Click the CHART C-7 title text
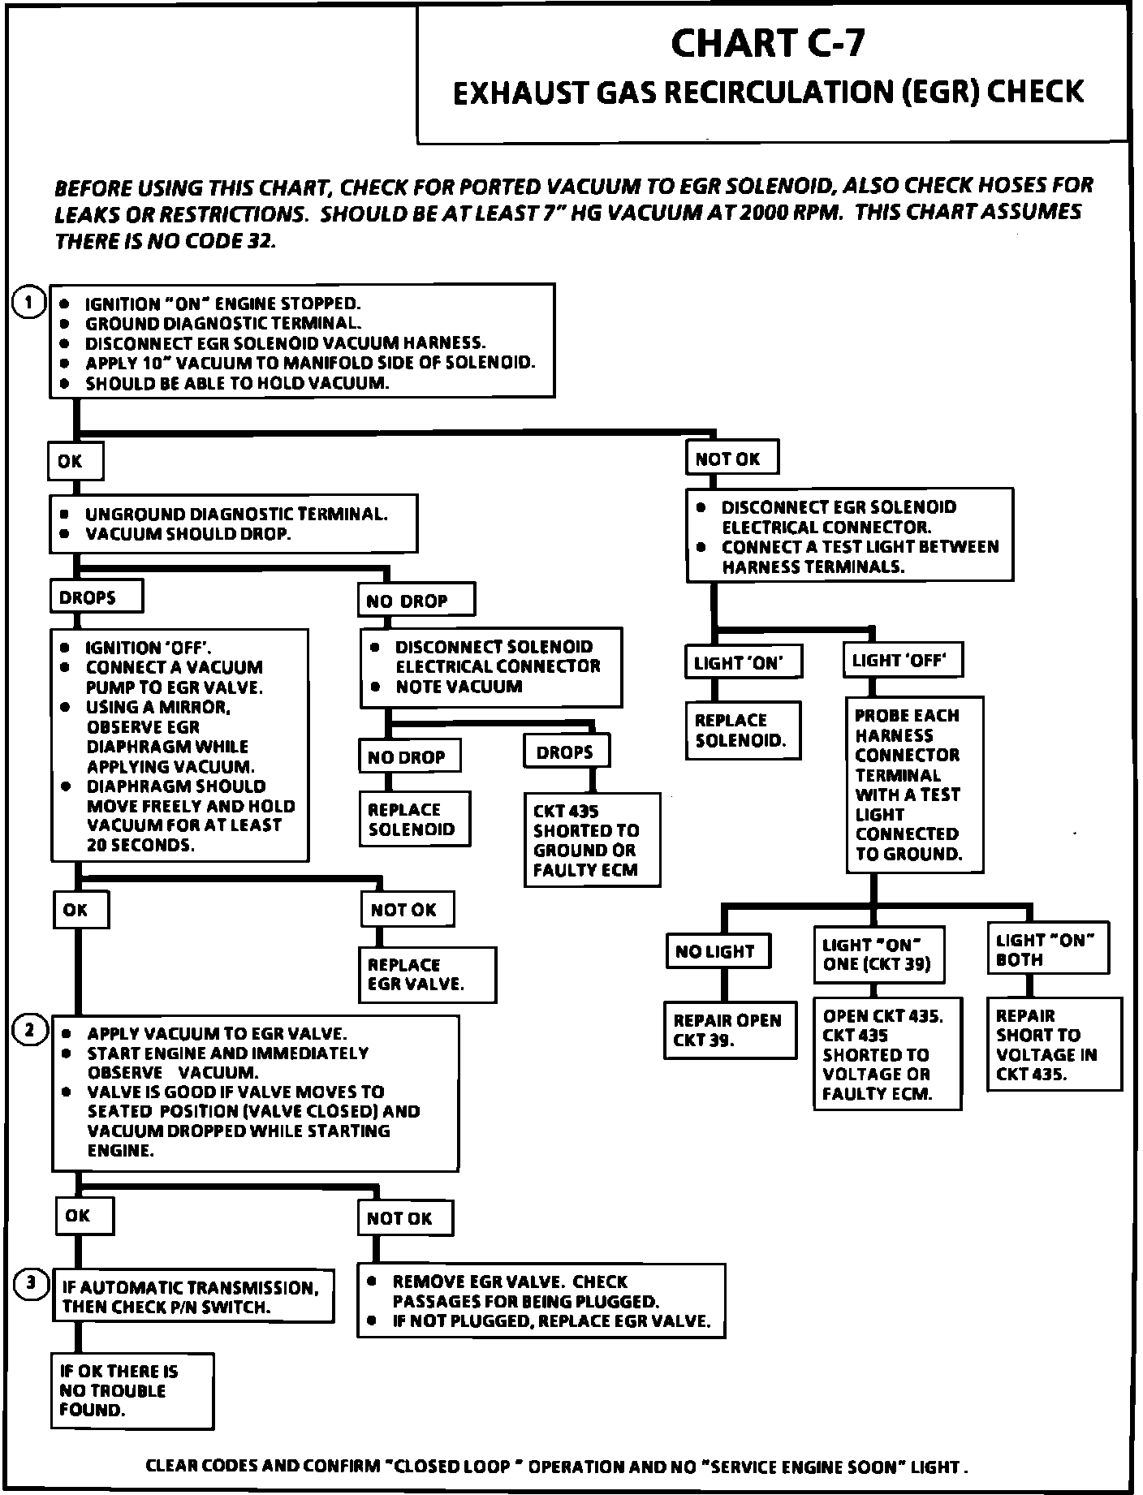pyautogui.click(x=767, y=43)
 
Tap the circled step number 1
pyautogui.click(x=30, y=304)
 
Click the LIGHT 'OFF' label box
pyautogui.click(x=901, y=661)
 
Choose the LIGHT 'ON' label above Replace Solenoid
pyautogui.click(x=743, y=662)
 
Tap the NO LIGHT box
pyautogui.click(x=717, y=951)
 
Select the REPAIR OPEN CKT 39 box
pyautogui.click(x=728, y=1030)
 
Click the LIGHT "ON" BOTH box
pyautogui.click(x=1046, y=949)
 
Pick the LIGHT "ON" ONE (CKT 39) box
pyautogui.click(x=878, y=954)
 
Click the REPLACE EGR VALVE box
pyautogui.click(x=427, y=975)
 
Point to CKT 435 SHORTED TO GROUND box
pyautogui.click(x=591, y=840)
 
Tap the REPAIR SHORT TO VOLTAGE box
pyautogui.click(x=1052, y=1044)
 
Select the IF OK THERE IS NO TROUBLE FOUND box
pyautogui.click(x=132, y=1390)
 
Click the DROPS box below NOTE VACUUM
pyautogui.click(x=566, y=752)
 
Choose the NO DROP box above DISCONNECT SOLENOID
pyautogui.click(x=416, y=601)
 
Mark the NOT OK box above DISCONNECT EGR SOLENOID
pyautogui.click(x=731, y=459)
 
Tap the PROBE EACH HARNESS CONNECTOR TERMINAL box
pyautogui.click(x=913, y=784)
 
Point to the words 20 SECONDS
pyautogui.click(x=140, y=845)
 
